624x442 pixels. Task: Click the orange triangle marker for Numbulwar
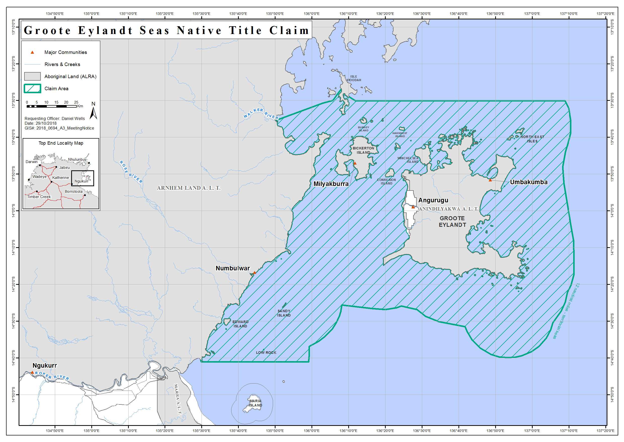(x=254, y=272)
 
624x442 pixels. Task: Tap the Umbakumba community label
(x=529, y=182)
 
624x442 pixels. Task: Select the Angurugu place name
(x=433, y=200)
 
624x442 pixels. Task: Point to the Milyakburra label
(x=331, y=184)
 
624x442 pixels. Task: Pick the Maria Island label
(x=255, y=403)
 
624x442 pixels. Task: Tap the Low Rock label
(x=266, y=353)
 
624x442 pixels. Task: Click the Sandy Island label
(x=284, y=313)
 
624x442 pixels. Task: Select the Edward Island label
(x=240, y=324)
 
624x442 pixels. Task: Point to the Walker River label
(x=261, y=113)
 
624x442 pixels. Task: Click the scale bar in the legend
(x=51, y=106)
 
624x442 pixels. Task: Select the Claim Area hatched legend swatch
(x=32, y=88)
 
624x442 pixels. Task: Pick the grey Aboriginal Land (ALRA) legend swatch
(x=32, y=76)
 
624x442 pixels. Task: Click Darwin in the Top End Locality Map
(x=31, y=162)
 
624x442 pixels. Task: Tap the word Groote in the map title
(x=47, y=30)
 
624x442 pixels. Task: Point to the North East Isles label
(x=532, y=139)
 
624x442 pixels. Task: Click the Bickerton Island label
(x=363, y=150)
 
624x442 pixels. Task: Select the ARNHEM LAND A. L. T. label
(x=189, y=188)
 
